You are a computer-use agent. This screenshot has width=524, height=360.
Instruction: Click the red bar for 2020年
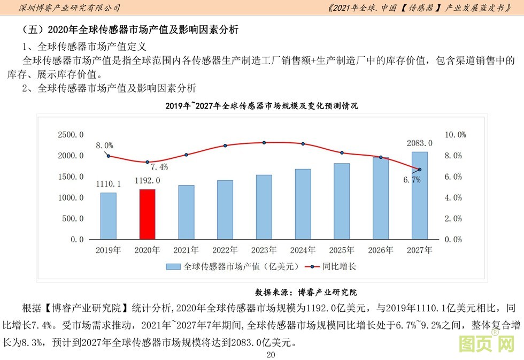[147, 214]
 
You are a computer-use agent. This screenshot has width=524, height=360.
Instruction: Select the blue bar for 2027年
[419, 195]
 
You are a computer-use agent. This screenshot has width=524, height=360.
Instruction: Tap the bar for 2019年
[108, 216]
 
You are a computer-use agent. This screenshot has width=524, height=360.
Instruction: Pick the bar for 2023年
[264, 207]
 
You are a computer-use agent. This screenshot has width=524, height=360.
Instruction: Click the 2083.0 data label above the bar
[419, 143]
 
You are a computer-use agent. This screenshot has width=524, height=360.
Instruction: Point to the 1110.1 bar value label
[108, 184]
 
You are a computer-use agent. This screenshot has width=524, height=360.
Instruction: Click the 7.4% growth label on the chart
[159, 166]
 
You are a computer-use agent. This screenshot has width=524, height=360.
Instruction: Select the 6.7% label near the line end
[412, 180]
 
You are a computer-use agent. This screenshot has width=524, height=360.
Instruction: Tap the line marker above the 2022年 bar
[225, 145]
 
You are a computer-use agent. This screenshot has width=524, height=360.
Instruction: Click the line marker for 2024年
[303, 144]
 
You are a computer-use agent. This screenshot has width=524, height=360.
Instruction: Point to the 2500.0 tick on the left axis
[71, 135]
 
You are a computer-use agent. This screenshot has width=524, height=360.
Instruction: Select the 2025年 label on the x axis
[342, 250]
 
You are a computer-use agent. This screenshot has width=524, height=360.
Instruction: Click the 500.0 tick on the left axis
[73, 219]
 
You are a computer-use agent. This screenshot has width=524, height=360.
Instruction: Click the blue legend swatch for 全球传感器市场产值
[173, 266]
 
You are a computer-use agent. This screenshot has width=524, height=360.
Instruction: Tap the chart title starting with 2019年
[261, 106]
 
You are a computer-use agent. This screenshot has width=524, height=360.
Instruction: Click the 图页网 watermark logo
[487, 343]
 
